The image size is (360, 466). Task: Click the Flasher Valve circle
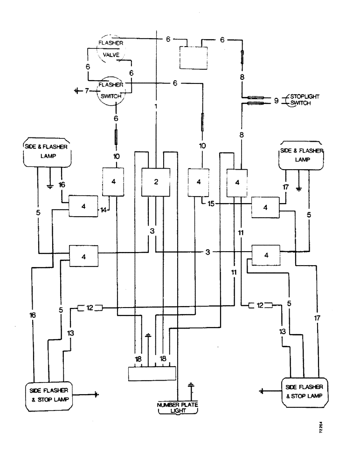(111, 49)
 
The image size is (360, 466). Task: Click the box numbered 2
(156, 182)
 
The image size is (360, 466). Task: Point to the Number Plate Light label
(177, 407)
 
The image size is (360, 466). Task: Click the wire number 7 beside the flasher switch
(87, 91)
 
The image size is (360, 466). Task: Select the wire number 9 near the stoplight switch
(277, 101)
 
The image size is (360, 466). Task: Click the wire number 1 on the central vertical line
(156, 106)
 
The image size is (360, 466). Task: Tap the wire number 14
(103, 210)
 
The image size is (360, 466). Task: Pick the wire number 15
(211, 204)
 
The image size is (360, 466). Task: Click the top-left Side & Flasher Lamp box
(47, 152)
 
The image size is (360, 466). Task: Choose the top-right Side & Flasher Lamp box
(301, 156)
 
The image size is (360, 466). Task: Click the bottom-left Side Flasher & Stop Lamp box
(49, 396)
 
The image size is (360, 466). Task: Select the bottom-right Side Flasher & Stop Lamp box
(305, 392)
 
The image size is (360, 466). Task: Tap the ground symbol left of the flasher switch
(77, 90)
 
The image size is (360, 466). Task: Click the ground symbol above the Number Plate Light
(191, 386)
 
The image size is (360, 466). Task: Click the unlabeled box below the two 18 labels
(152, 374)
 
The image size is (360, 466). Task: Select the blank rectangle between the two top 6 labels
(194, 57)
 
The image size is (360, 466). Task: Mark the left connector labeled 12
(90, 308)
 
